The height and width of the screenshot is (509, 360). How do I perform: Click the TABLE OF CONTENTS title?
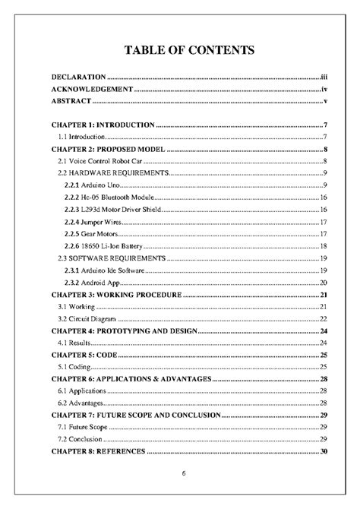pos(179,51)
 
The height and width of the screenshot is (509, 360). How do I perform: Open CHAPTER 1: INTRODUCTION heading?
pos(103,125)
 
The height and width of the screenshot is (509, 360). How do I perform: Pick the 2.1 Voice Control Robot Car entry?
pos(101,161)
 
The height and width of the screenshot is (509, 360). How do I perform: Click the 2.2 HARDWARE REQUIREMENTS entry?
pos(113,173)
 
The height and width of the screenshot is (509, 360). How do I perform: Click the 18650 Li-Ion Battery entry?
pos(103,246)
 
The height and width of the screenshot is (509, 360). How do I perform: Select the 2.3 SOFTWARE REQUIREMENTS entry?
pos(112,258)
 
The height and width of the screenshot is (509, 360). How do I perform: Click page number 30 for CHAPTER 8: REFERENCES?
pos(323,452)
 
